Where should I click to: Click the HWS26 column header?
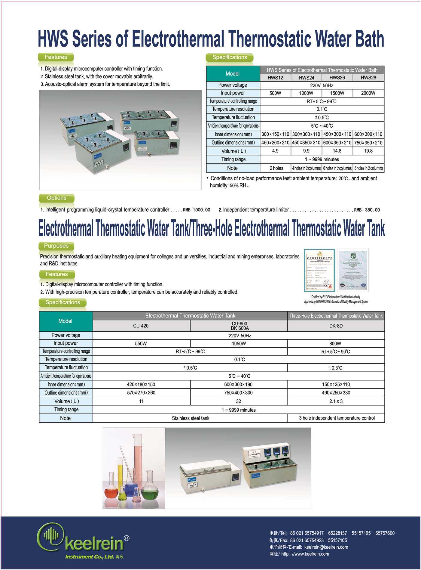(x=337, y=78)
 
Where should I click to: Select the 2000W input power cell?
(x=368, y=93)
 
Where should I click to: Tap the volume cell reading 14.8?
(x=337, y=151)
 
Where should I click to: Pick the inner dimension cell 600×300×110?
(x=368, y=134)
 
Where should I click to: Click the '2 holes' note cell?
(x=276, y=168)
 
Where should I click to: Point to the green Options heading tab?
(x=56, y=198)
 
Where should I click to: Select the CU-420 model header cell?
(x=141, y=326)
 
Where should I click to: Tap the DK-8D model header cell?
(x=336, y=326)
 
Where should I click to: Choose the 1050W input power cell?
(x=239, y=344)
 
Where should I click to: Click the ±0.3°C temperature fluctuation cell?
(x=335, y=368)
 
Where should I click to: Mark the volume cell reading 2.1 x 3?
(x=336, y=401)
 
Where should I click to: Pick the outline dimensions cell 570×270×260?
(x=141, y=393)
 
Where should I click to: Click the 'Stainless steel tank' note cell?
(x=191, y=418)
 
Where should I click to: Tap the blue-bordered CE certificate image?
(x=319, y=270)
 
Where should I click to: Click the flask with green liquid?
(x=150, y=489)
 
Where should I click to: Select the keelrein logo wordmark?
(x=94, y=544)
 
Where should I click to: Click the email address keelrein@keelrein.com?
(x=326, y=547)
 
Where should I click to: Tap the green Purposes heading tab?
(x=56, y=246)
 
